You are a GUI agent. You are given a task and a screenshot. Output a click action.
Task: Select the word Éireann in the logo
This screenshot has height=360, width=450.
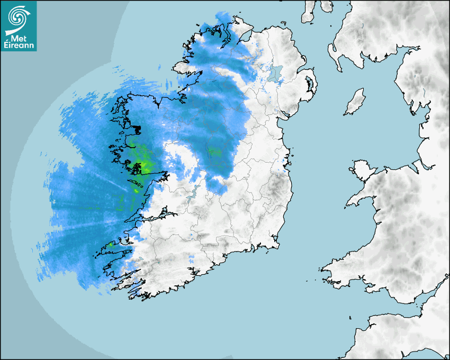[19, 46]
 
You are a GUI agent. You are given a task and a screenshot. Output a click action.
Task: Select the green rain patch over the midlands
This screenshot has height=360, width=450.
[214, 152]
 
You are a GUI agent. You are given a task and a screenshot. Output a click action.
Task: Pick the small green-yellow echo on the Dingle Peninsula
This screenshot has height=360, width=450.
[111, 245]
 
